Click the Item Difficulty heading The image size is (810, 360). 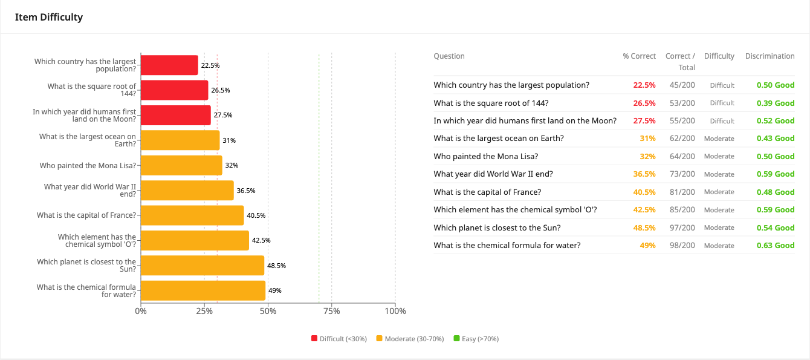[49, 17]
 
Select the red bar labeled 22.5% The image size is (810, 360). [169, 65]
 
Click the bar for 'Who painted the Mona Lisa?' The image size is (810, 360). [181, 165]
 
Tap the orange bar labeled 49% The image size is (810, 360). [203, 290]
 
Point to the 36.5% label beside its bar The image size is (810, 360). [246, 191]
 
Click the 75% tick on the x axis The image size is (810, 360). [331, 311]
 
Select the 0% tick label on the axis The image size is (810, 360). [141, 311]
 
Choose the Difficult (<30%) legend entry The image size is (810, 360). [339, 339]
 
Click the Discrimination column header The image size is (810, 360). [769, 56]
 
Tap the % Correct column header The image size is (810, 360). [639, 56]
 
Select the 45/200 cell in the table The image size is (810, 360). [682, 85]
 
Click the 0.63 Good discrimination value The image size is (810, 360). [775, 246]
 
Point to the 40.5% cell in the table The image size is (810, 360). [644, 192]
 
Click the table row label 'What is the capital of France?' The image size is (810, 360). [487, 192]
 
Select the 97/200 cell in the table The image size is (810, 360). [682, 227]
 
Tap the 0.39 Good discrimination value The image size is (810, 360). [775, 103]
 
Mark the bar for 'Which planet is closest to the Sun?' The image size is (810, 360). [202, 266]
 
